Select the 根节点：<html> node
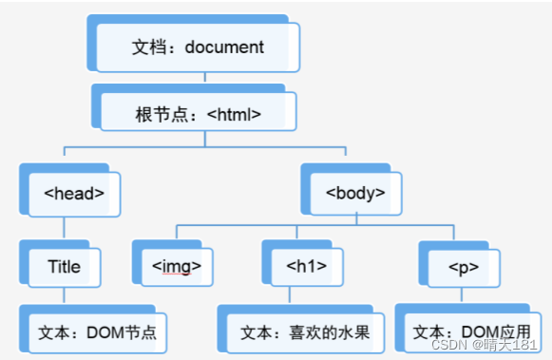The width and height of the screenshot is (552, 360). [x=198, y=114]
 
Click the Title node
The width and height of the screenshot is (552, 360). [x=64, y=266]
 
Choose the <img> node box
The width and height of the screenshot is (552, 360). [x=176, y=266]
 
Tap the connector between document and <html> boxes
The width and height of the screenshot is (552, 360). [x=198, y=79]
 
